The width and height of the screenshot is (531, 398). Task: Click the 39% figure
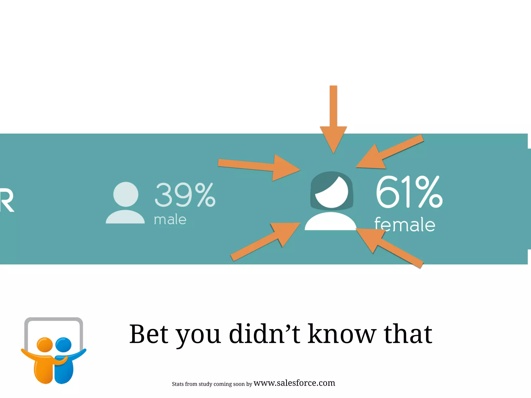(185, 195)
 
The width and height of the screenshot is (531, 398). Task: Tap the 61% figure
(409, 192)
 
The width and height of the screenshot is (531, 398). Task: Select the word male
(170, 220)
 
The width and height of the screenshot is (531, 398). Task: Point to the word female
(405, 225)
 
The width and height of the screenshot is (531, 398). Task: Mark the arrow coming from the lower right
(389, 246)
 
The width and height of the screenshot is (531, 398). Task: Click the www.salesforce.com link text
(294, 383)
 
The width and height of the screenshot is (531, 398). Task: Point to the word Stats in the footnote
(178, 384)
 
